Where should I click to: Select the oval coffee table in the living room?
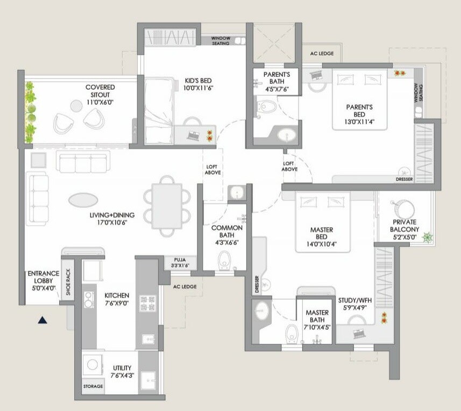coord(83,200)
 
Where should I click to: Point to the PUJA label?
coord(180,258)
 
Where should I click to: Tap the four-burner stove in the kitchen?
coord(147,304)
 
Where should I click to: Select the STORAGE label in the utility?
coord(93,386)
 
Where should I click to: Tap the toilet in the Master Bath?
coord(292,333)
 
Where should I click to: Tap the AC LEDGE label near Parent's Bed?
coord(322,54)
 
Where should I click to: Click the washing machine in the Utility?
coord(93,365)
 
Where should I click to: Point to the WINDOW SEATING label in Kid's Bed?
coord(220,41)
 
